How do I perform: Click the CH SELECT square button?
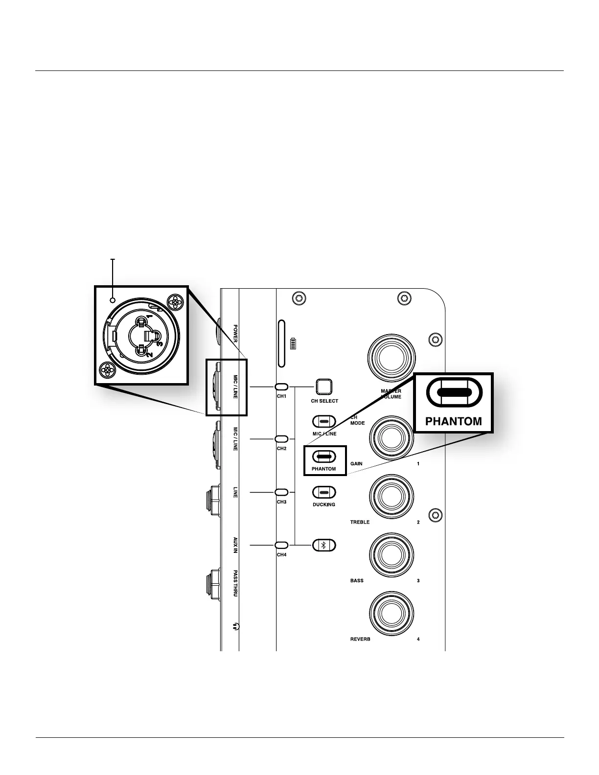coord(323,387)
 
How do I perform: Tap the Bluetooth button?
coord(324,545)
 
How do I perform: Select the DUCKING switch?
coord(323,492)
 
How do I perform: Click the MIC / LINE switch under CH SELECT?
coord(323,421)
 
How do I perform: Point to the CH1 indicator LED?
coord(281,387)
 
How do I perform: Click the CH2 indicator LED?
coord(281,439)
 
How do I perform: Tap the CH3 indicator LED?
coord(281,492)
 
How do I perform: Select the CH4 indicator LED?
coord(281,545)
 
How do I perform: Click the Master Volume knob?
coord(392,358)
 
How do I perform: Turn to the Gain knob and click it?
coord(392,439)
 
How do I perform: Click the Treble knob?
coord(392,498)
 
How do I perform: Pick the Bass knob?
coord(392,556)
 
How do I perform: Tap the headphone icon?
coord(236,626)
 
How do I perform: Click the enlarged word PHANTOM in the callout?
coord(454,421)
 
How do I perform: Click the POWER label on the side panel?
coord(235,332)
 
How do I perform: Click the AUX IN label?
coord(235,545)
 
